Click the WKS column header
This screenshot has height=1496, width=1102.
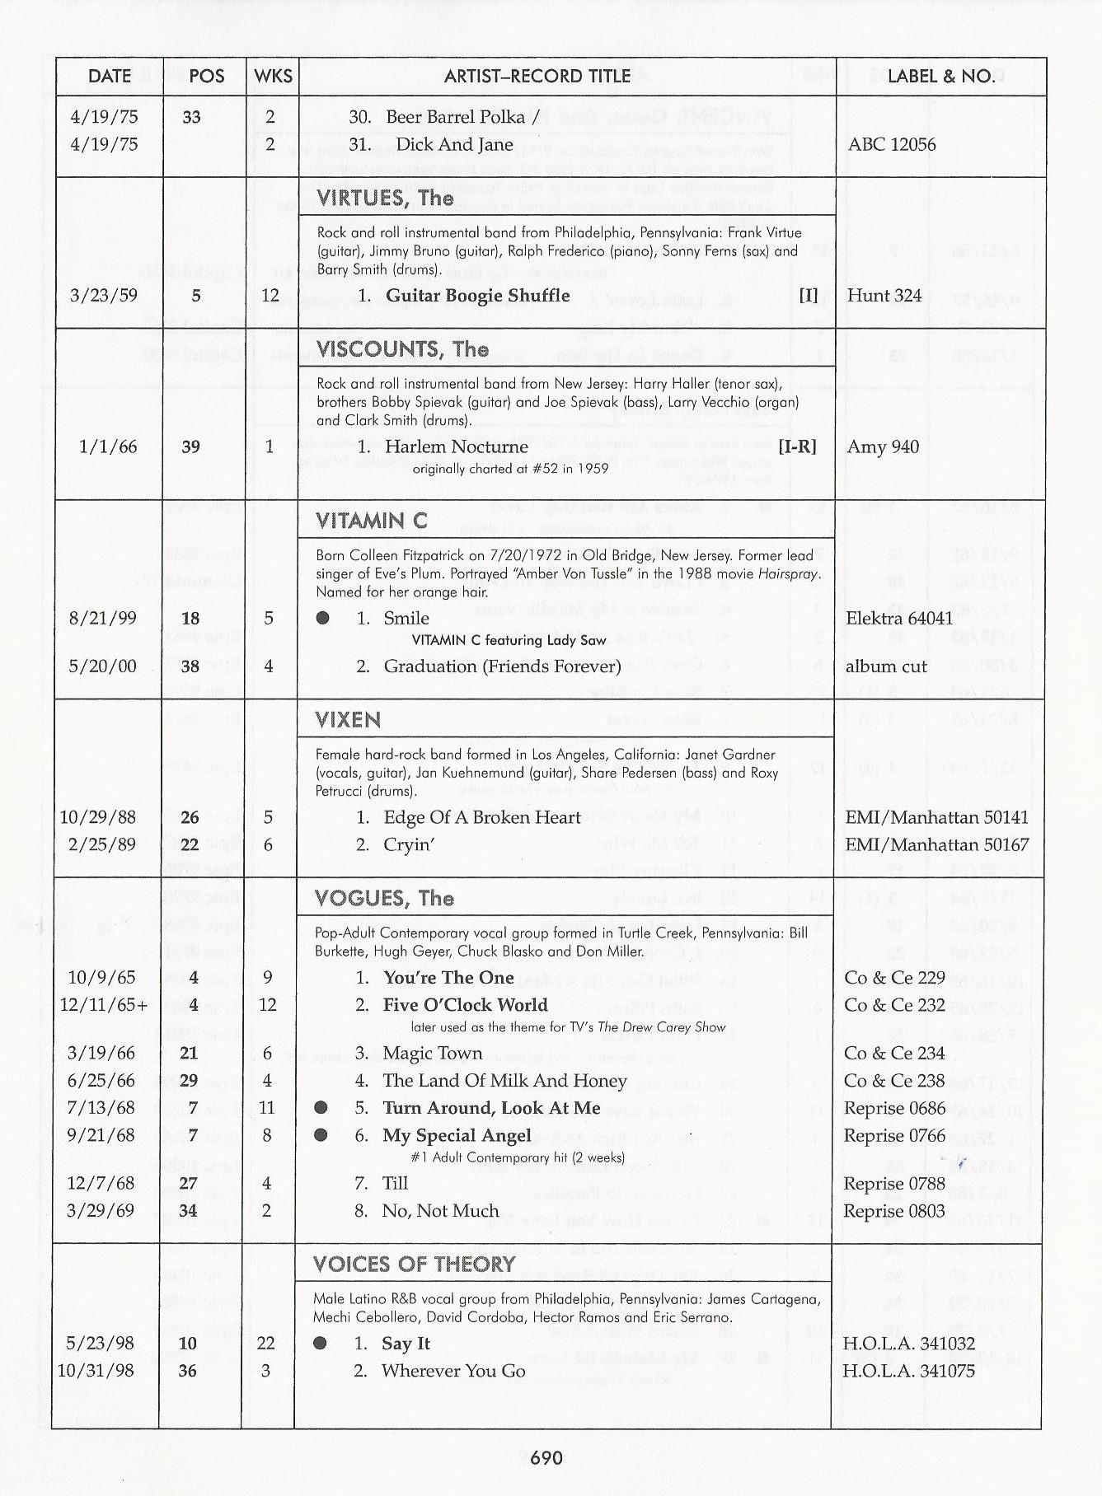point(273,77)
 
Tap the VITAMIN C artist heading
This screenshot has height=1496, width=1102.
point(371,521)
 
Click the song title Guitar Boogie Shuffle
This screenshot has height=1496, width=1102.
point(477,296)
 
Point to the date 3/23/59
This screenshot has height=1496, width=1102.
point(103,296)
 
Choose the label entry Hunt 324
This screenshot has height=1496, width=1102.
point(884,296)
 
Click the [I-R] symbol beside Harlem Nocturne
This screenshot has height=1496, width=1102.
point(797,446)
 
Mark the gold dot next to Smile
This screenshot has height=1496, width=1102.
point(323,618)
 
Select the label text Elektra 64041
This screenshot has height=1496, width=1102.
point(899,618)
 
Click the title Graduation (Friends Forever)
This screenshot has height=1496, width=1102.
point(502,666)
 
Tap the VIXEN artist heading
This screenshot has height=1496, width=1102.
point(348,720)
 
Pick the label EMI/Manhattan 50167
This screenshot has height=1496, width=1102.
point(936,844)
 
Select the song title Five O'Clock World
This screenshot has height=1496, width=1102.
point(465,1005)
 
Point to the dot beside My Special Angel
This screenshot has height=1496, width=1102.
point(321,1135)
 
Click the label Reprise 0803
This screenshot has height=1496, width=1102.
point(894,1211)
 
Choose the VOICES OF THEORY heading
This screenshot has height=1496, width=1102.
point(414,1264)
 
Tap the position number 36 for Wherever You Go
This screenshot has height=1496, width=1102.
point(188,1371)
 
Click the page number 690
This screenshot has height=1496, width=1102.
point(546,1458)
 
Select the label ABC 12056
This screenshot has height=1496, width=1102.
point(892,144)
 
